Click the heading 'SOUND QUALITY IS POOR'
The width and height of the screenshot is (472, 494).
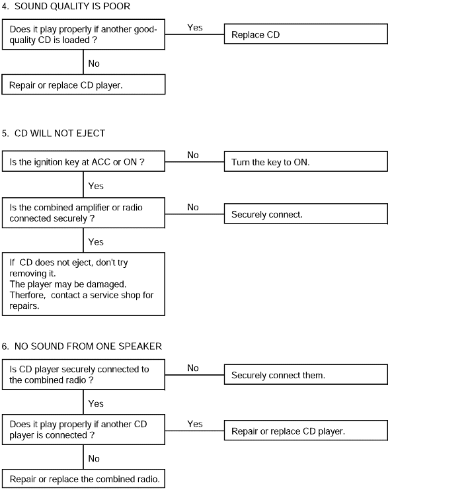pyautogui.click(x=72, y=6)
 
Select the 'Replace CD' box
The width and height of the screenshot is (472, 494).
pyautogui.click(x=306, y=34)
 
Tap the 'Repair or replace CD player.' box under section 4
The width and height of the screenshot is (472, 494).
pyautogui.click(x=83, y=85)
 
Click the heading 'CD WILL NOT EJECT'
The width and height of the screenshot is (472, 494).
pyautogui.click(x=60, y=134)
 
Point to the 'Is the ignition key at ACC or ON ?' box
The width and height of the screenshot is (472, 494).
pyautogui.click(x=83, y=161)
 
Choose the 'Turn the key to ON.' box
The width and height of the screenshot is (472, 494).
pyautogui.click(x=306, y=161)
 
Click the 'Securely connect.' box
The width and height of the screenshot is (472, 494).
pyautogui.click(x=306, y=214)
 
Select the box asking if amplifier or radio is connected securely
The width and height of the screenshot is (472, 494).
pyautogui.click(x=83, y=213)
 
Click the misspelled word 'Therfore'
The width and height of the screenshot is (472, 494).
pyautogui.click(x=27, y=295)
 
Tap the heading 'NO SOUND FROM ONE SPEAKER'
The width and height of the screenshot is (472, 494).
pyautogui.click(x=88, y=347)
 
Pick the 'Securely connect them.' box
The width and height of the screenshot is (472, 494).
pyautogui.click(x=306, y=374)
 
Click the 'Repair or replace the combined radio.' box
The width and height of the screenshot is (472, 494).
pyautogui.click(x=83, y=479)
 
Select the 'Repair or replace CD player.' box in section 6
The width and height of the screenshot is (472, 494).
pyautogui.click(x=306, y=431)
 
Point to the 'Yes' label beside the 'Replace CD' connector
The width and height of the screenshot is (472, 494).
pyautogui.click(x=195, y=27)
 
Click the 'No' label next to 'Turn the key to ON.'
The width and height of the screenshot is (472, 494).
pyautogui.click(x=193, y=155)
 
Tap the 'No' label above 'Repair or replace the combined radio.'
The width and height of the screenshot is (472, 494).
pyautogui.click(x=94, y=458)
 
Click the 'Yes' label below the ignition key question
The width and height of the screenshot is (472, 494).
pyautogui.click(x=96, y=186)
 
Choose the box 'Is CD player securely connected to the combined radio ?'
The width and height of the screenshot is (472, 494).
pyautogui.click(x=83, y=374)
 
